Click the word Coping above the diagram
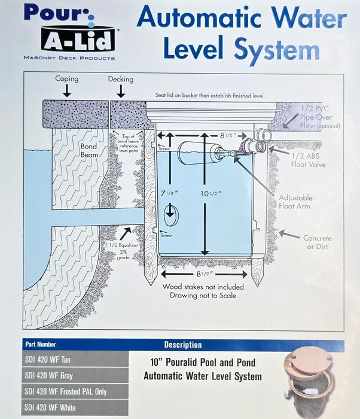66,79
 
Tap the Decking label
120,79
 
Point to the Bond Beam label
89,150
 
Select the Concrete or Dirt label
317,242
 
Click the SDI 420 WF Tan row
75,359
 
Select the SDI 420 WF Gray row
75,375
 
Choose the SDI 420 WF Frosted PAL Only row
75,391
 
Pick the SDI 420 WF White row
75,408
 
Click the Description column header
183,345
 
